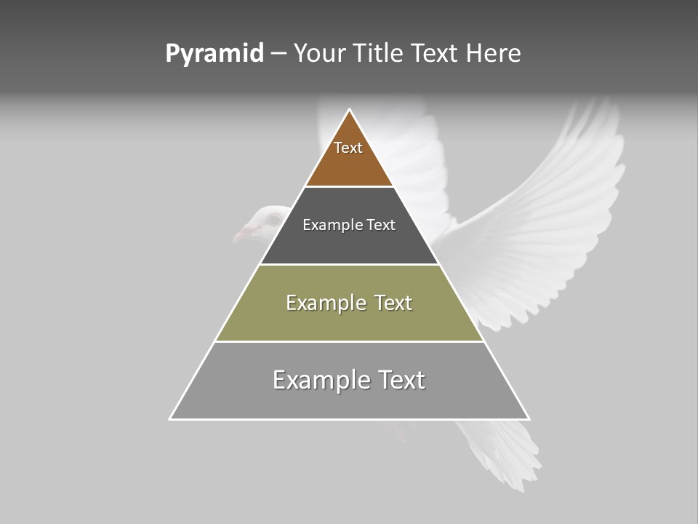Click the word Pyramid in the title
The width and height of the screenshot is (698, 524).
pos(214,54)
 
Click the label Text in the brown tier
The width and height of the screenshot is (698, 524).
pos(348,148)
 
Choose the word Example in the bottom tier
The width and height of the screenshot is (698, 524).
pos(321,380)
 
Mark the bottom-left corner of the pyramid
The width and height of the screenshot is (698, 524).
pos(171,418)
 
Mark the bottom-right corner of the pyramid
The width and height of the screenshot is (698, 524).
pos(529,418)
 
